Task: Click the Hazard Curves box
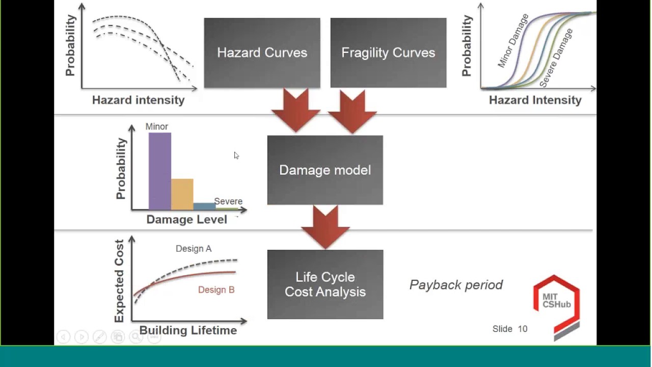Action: click(262, 53)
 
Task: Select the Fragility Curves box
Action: click(388, 53)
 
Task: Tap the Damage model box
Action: click(325, 170)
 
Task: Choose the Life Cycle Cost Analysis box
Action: click(325, 284)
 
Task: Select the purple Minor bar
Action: click(159, 171)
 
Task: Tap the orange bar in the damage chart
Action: click(182, 194)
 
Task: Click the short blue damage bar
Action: click(204, 206)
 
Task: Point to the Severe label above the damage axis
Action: click(228, 201)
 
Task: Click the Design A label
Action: click(194, 249)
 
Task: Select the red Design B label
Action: click(216, 290)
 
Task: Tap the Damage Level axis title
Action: click(186, 220)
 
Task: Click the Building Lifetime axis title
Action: click(188, 330)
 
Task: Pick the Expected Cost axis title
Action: click(119, 281)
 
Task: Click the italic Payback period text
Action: click(456, 285)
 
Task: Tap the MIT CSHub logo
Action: click(556, 306)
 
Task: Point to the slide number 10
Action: click(523, 329)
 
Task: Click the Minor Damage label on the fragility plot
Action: click(513, 41)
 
